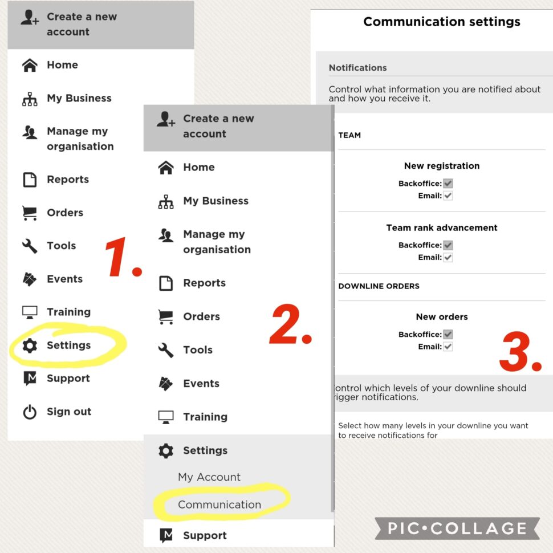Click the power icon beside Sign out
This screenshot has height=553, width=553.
(30, 412)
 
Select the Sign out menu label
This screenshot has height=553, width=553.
(69, 412)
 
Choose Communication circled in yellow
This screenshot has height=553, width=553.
(219, 505)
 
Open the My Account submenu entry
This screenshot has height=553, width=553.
(209, 477)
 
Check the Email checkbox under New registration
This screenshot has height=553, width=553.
(448, 196)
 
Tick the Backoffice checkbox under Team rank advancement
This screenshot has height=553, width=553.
(448, 245)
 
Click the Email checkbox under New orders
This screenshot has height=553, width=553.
(448, 347)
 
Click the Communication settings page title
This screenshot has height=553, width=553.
(442, 22)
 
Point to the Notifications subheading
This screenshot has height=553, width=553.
(357, 68)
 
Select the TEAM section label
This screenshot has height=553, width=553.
(349, 135)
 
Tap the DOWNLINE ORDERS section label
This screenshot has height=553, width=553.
(379, 286)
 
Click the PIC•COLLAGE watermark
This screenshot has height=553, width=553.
(457, 528)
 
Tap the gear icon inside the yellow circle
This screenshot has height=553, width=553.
(30, 345)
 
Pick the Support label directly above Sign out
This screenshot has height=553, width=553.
(68, 379)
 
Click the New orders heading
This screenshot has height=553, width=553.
(442, 317)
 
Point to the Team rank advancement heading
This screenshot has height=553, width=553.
(442, 227)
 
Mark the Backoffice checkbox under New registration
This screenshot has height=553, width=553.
(448, 184)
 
